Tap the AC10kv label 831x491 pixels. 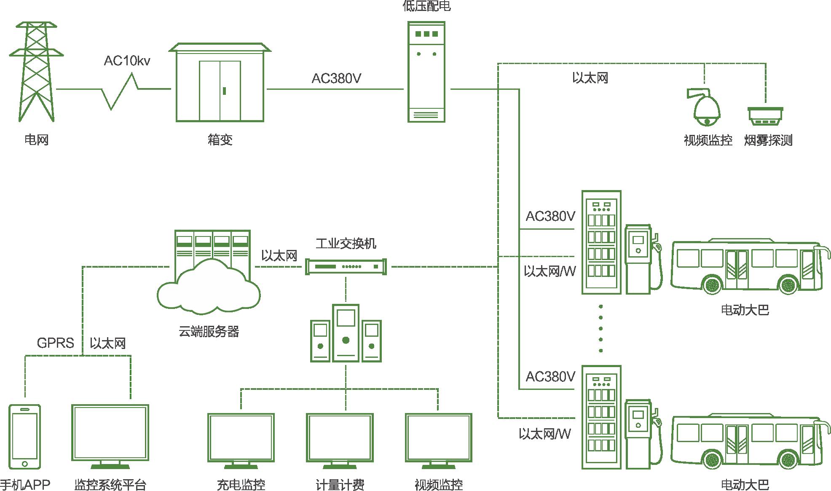[127, 61]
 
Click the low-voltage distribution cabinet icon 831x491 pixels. [426, 72]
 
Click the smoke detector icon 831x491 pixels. [765, 116]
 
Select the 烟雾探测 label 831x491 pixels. [768, 140]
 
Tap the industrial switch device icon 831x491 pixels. [346, 267]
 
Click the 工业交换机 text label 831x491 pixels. [346, 244]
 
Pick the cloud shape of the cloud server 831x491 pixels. [209, 287]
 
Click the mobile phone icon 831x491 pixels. [25, 437]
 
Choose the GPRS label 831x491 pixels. [55, 343]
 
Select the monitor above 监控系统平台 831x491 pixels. [110, 434]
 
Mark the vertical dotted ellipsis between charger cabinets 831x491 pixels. [600, 328]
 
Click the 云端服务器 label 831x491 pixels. [209, 332]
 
